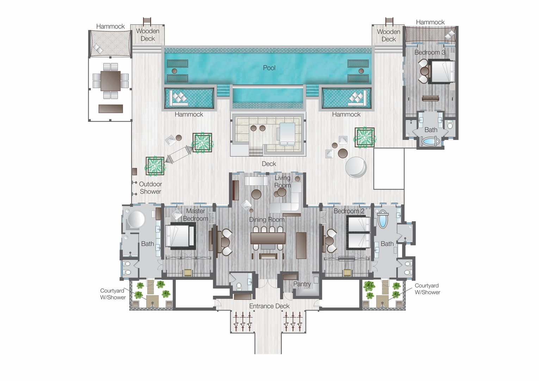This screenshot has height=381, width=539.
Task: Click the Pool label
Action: pyautogui.click(x=269, y=68)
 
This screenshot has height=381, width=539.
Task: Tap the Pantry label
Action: pyautogui.click(x=302, y=284)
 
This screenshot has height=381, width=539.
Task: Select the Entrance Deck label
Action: pyautogui.click(x=269, y=306)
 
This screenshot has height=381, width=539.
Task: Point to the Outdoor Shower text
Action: pyautogui.click(x=150, y=188)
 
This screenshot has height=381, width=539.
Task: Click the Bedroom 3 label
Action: pyautogui.click(x=430, y=52)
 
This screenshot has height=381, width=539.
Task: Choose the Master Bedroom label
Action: pyautogui.click(x=196, y=214)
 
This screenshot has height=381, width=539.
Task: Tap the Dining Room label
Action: pyautogui.click(x=267, y=219)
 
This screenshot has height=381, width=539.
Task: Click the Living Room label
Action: pyautogui.click(x=283, y=181)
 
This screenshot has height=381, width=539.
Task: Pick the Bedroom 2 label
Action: pyautogui.click(x=349, y=211)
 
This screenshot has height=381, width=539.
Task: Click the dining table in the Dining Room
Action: pyautogui.click(x=268, y=238)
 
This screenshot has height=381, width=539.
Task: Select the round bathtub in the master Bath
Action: pyautogui.click(x=136, y=219)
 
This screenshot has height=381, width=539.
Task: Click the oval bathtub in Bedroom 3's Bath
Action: pyautogui.click(x=430, y=141)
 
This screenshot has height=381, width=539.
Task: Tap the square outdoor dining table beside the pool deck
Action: pyautogui.click(x=111, y=81)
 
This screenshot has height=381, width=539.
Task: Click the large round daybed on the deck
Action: pyautogui.click(x=356, y=167)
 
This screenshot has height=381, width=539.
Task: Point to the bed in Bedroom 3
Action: pyautogui.click(x=441, y=71)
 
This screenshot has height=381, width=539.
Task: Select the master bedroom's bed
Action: pyautogui.click(x=180, y=236)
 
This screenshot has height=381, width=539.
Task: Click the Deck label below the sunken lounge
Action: pyautogui.click(x=269, y=164)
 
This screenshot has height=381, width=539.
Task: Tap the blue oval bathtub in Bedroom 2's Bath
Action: pyautogui.click(x=382, y=219)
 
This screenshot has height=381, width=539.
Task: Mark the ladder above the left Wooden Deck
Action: pyautogui.click(x=147, y=21)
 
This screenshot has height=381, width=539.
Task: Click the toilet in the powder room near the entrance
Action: pyautogui.click(x=239, y=286)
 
